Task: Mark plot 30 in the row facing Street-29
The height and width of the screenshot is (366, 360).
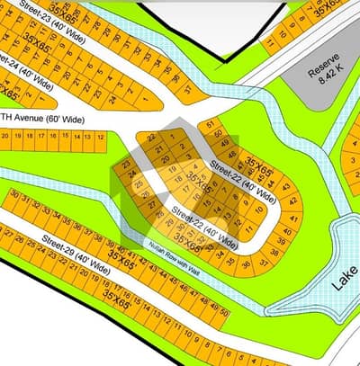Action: [14, 193]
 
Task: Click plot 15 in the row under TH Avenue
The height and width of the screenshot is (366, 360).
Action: [65, 137]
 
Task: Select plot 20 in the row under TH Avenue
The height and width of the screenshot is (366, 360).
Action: [5, 135]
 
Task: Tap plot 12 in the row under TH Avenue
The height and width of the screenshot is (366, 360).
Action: [101, 138]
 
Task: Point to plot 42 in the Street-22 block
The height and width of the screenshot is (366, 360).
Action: [287, 187]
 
